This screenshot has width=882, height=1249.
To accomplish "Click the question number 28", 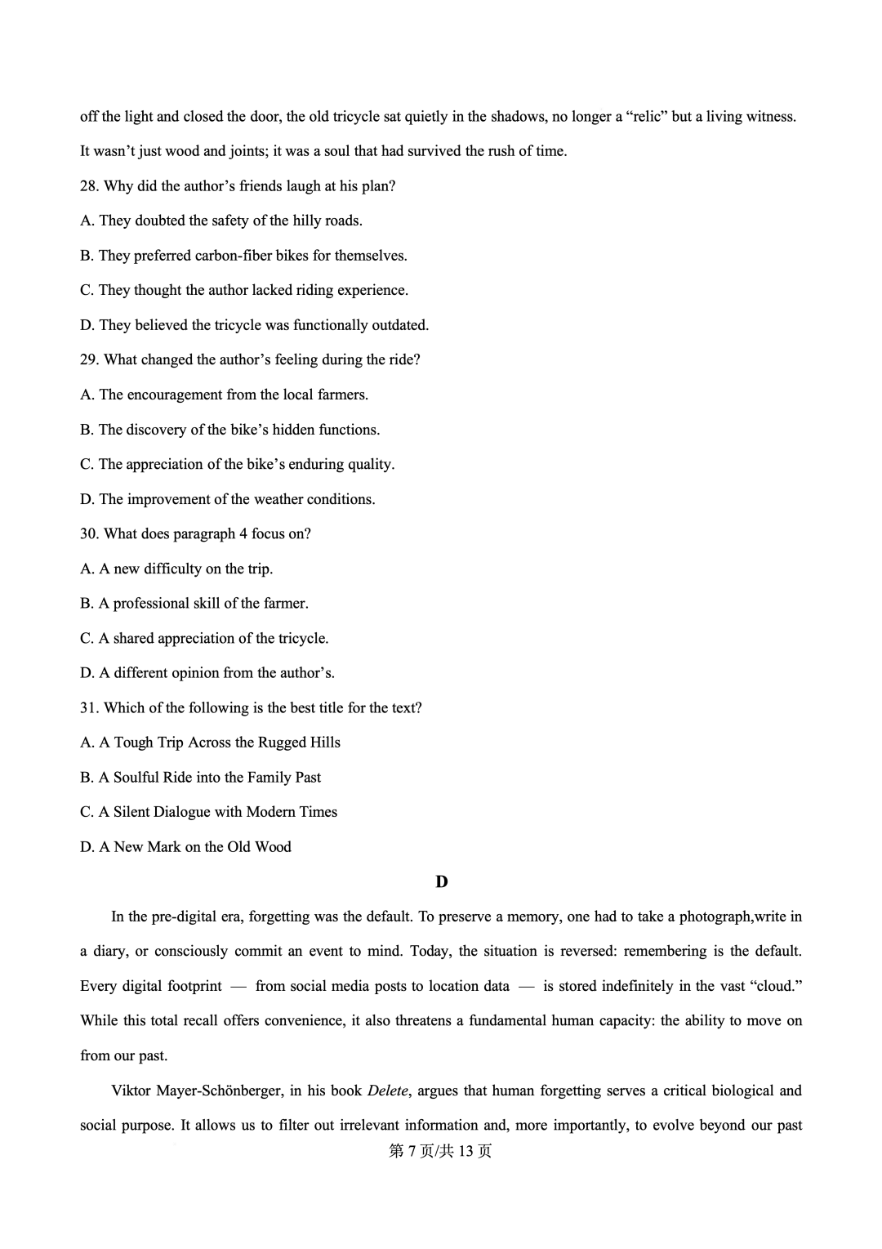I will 89,186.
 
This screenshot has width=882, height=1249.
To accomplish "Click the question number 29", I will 89,360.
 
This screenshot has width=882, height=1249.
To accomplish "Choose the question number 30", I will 89,534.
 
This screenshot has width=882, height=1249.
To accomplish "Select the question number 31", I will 89,708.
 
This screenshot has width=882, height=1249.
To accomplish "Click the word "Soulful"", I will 136,778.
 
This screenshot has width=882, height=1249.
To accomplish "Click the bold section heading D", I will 442,881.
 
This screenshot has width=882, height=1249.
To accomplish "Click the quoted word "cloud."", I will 775,986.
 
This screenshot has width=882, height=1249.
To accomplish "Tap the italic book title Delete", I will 387,1091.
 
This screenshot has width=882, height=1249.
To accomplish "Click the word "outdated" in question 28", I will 399,325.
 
